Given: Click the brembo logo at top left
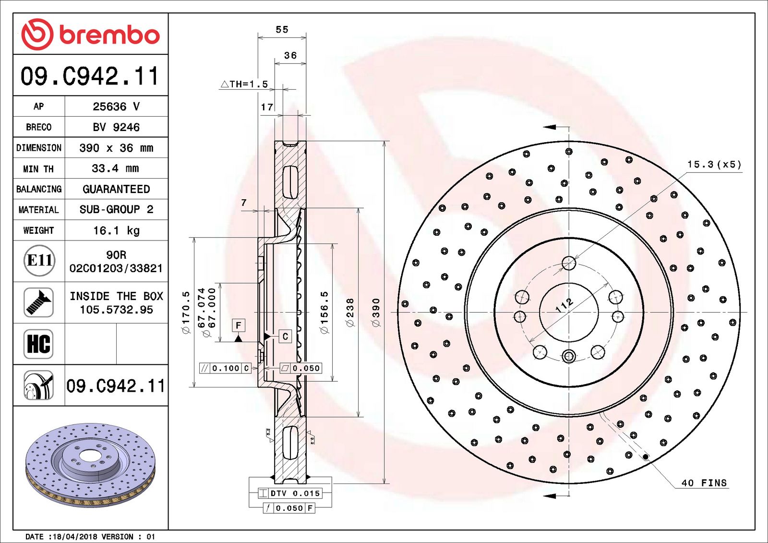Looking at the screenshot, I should (x=90, y=35).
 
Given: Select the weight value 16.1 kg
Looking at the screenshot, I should (x=116, y=230).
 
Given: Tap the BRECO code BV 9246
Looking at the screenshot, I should (x=116, y=127).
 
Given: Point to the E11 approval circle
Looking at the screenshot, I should (x=39, y=261).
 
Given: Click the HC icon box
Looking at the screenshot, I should (x=38, y=344).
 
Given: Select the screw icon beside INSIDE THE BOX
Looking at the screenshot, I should (x=38, y=302).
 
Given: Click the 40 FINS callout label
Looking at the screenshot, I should (x=704, y=483).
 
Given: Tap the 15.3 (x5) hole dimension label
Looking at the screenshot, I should (x=714, y=165).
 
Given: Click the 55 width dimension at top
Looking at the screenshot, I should (x=282, y=30).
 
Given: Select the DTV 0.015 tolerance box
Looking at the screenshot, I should (x=290, y=493).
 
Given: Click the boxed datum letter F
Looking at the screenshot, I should (x=238, y=325).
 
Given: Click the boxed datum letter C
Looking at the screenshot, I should (x=285, y=337).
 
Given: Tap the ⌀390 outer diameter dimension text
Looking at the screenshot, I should (x=376, y=313).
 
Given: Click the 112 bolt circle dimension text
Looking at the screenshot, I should (x=564, y=305).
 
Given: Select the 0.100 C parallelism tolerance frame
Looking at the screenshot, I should (x=225, y=368).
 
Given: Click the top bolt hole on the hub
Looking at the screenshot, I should (x=569, y=263).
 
